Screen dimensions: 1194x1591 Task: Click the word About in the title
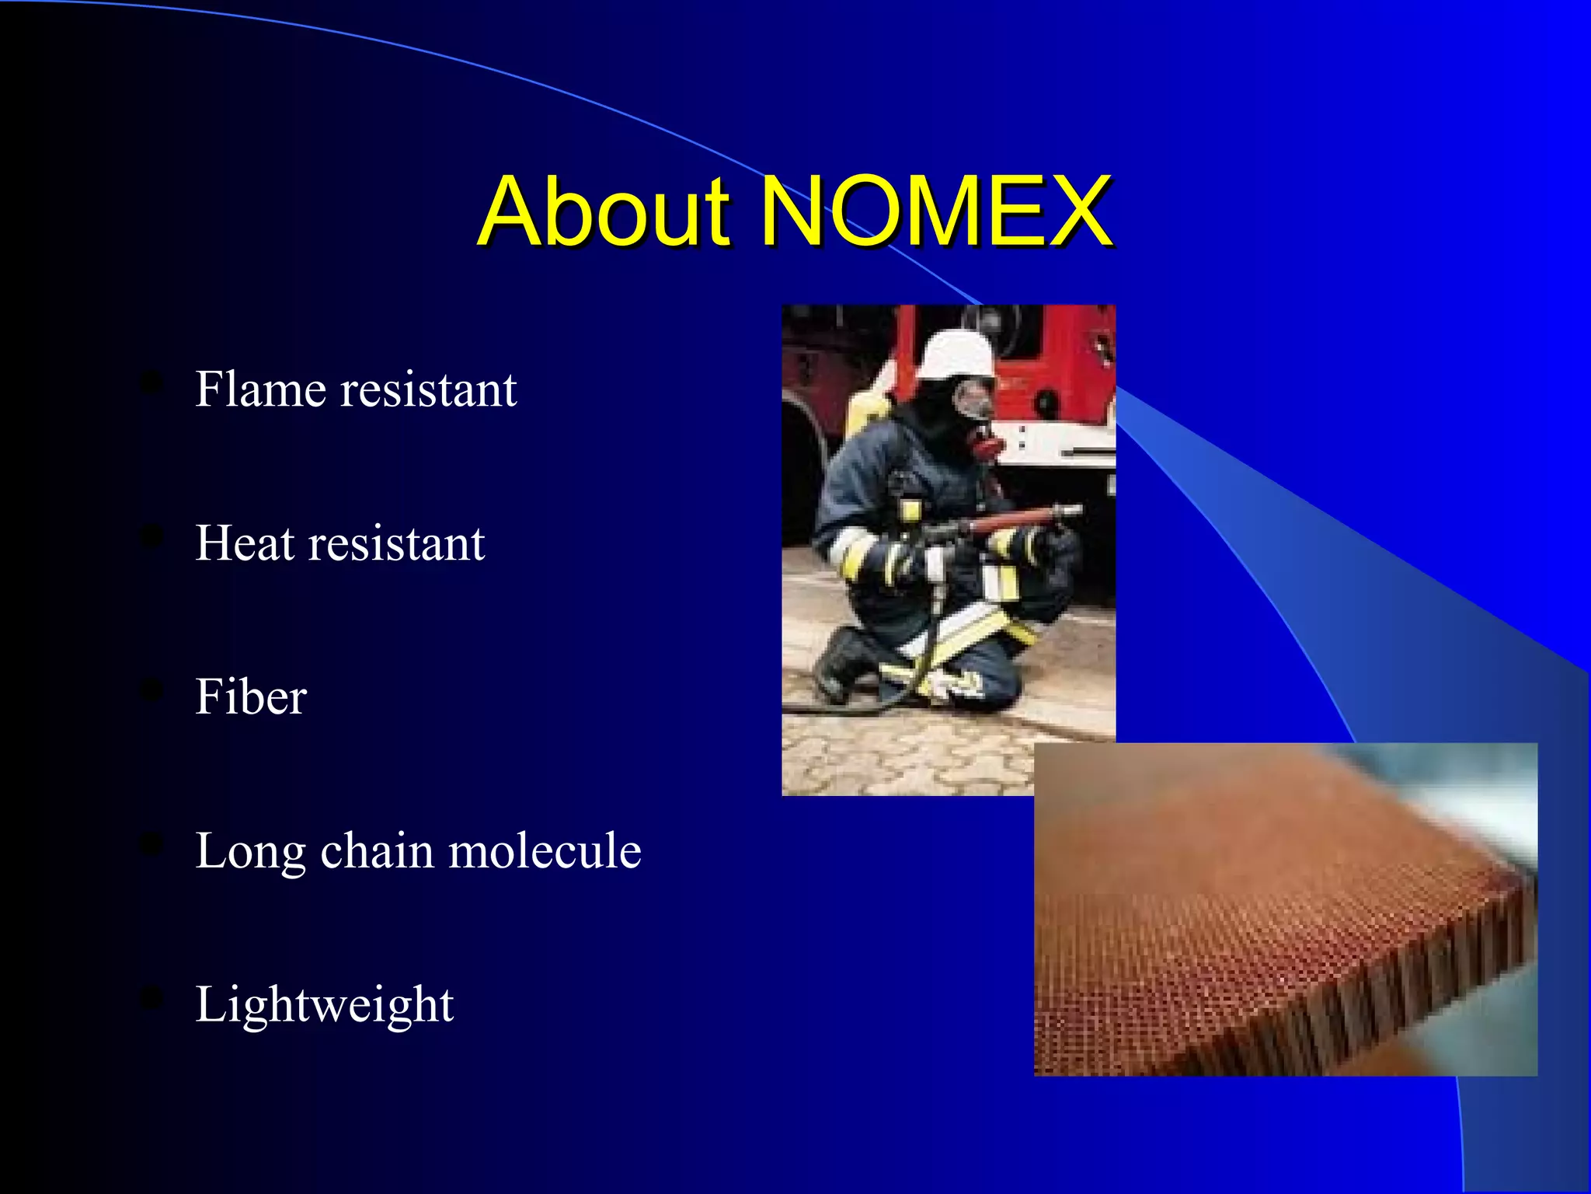click(x=604, y=211)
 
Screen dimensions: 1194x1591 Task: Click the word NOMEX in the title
click(x=935, y=211)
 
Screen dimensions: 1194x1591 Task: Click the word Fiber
click(x=250, y=696)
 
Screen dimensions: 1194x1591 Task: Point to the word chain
click(x=378, y=850)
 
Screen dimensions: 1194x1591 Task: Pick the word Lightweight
click(x=324, y=1004)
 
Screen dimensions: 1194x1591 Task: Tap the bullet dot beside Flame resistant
click(x=151, y=382)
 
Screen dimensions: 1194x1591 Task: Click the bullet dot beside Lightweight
click(x=151, y=998)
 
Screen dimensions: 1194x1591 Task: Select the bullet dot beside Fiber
click(x=151, y=690)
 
